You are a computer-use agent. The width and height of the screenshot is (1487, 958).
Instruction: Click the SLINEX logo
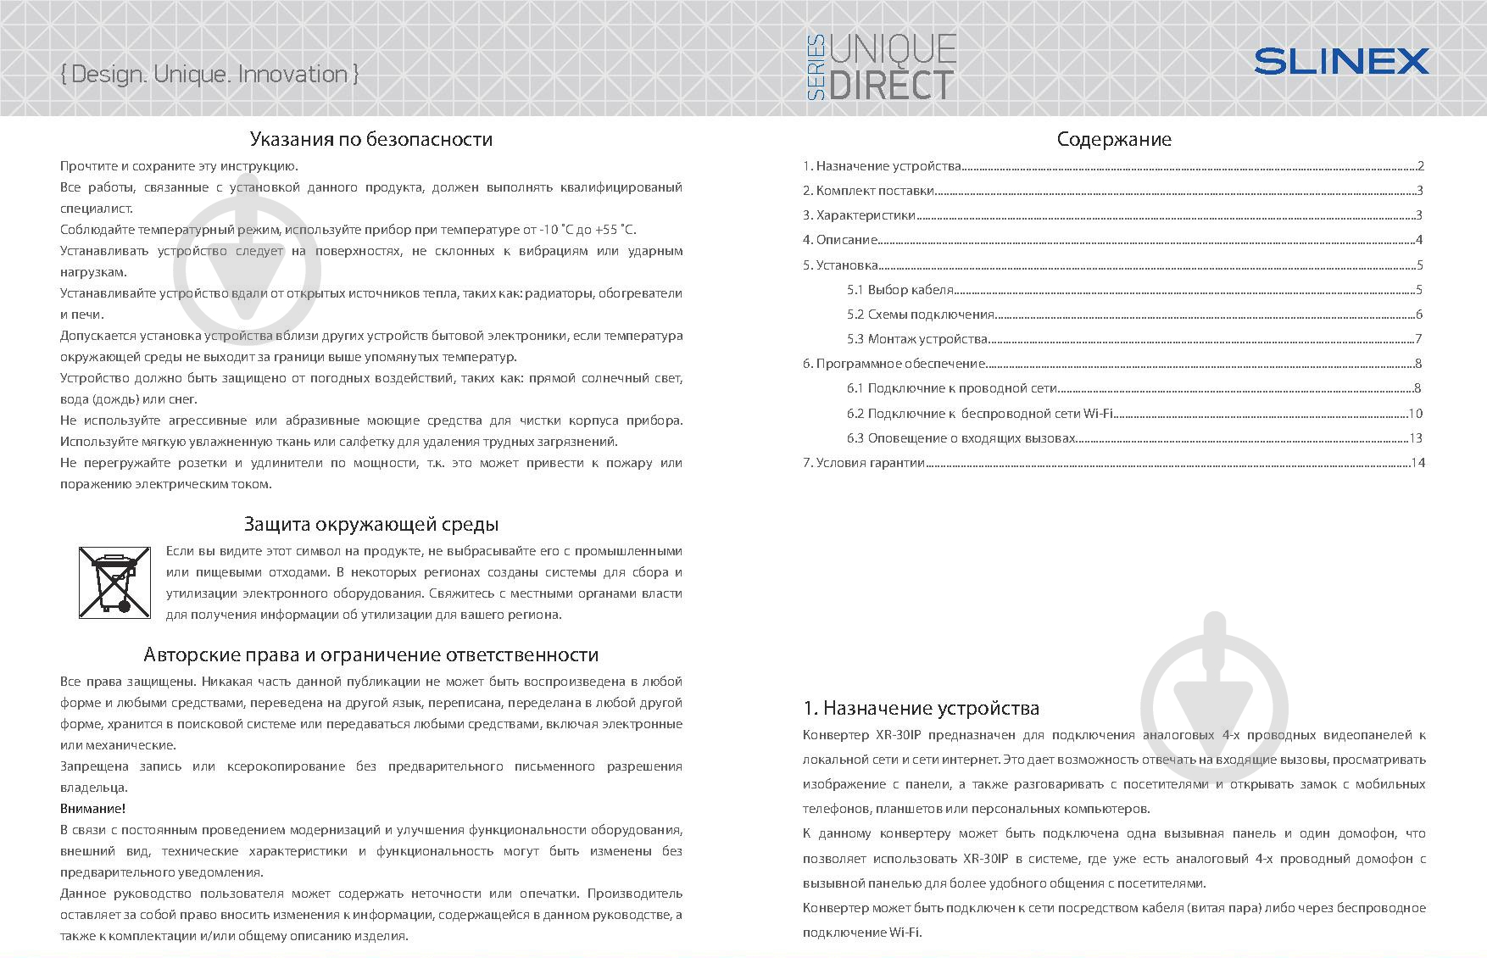[x=1340, y=61]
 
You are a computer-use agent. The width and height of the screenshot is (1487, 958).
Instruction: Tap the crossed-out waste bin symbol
[x=114, y=581]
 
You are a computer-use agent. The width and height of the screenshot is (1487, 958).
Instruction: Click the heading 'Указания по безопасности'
[x=370, y=139]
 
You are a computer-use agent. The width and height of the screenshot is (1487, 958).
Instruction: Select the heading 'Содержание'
[x=1113, y=139]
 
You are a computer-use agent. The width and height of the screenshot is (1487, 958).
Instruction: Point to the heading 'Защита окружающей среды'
[x=370, y=524]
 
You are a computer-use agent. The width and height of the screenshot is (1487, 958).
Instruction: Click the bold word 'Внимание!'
[x=92, y=809]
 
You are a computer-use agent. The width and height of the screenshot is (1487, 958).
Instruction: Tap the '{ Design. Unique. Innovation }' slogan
[x=210, y=75]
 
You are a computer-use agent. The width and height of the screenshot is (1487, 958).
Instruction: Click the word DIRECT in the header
[x=891, y=86]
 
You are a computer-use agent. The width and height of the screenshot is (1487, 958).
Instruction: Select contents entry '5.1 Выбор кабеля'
[x=900, y=290]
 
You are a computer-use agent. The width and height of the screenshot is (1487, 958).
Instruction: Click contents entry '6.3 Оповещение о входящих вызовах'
[x=961, y=438]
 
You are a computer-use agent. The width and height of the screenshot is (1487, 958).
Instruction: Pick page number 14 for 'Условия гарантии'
[x=1417, y=463]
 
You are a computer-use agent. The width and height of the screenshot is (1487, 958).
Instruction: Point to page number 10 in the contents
[x=1415, y=414]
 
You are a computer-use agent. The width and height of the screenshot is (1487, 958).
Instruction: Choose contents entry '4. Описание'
[x=839, y=240]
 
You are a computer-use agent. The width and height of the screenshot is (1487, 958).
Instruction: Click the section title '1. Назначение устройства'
[x=921, y=708]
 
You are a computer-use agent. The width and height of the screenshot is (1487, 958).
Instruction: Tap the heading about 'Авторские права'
[x=370, y=654]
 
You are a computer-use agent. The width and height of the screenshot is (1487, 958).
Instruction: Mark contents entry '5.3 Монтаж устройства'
[x=917, y=339]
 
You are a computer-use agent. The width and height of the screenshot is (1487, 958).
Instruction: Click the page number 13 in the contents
[x=1415, y=438]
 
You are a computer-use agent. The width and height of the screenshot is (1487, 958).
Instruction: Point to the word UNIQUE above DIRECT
[x=893, y=50]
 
